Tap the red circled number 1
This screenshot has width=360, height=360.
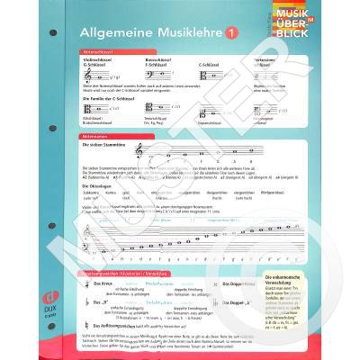(x=231, y=33)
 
